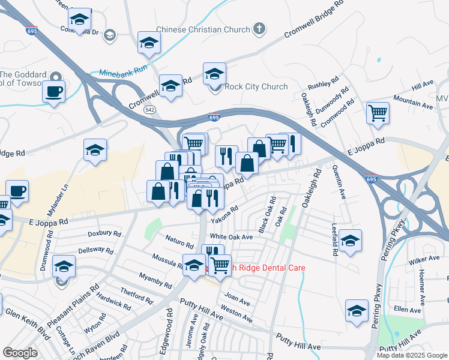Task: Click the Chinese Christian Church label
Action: pos(203,29)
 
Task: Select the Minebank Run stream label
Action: pos(123,70)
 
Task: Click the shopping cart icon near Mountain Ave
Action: pos(378,113)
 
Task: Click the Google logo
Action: pos(20,353)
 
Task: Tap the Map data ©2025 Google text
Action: pos(412,355)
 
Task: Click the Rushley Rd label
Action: pos(324,85)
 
